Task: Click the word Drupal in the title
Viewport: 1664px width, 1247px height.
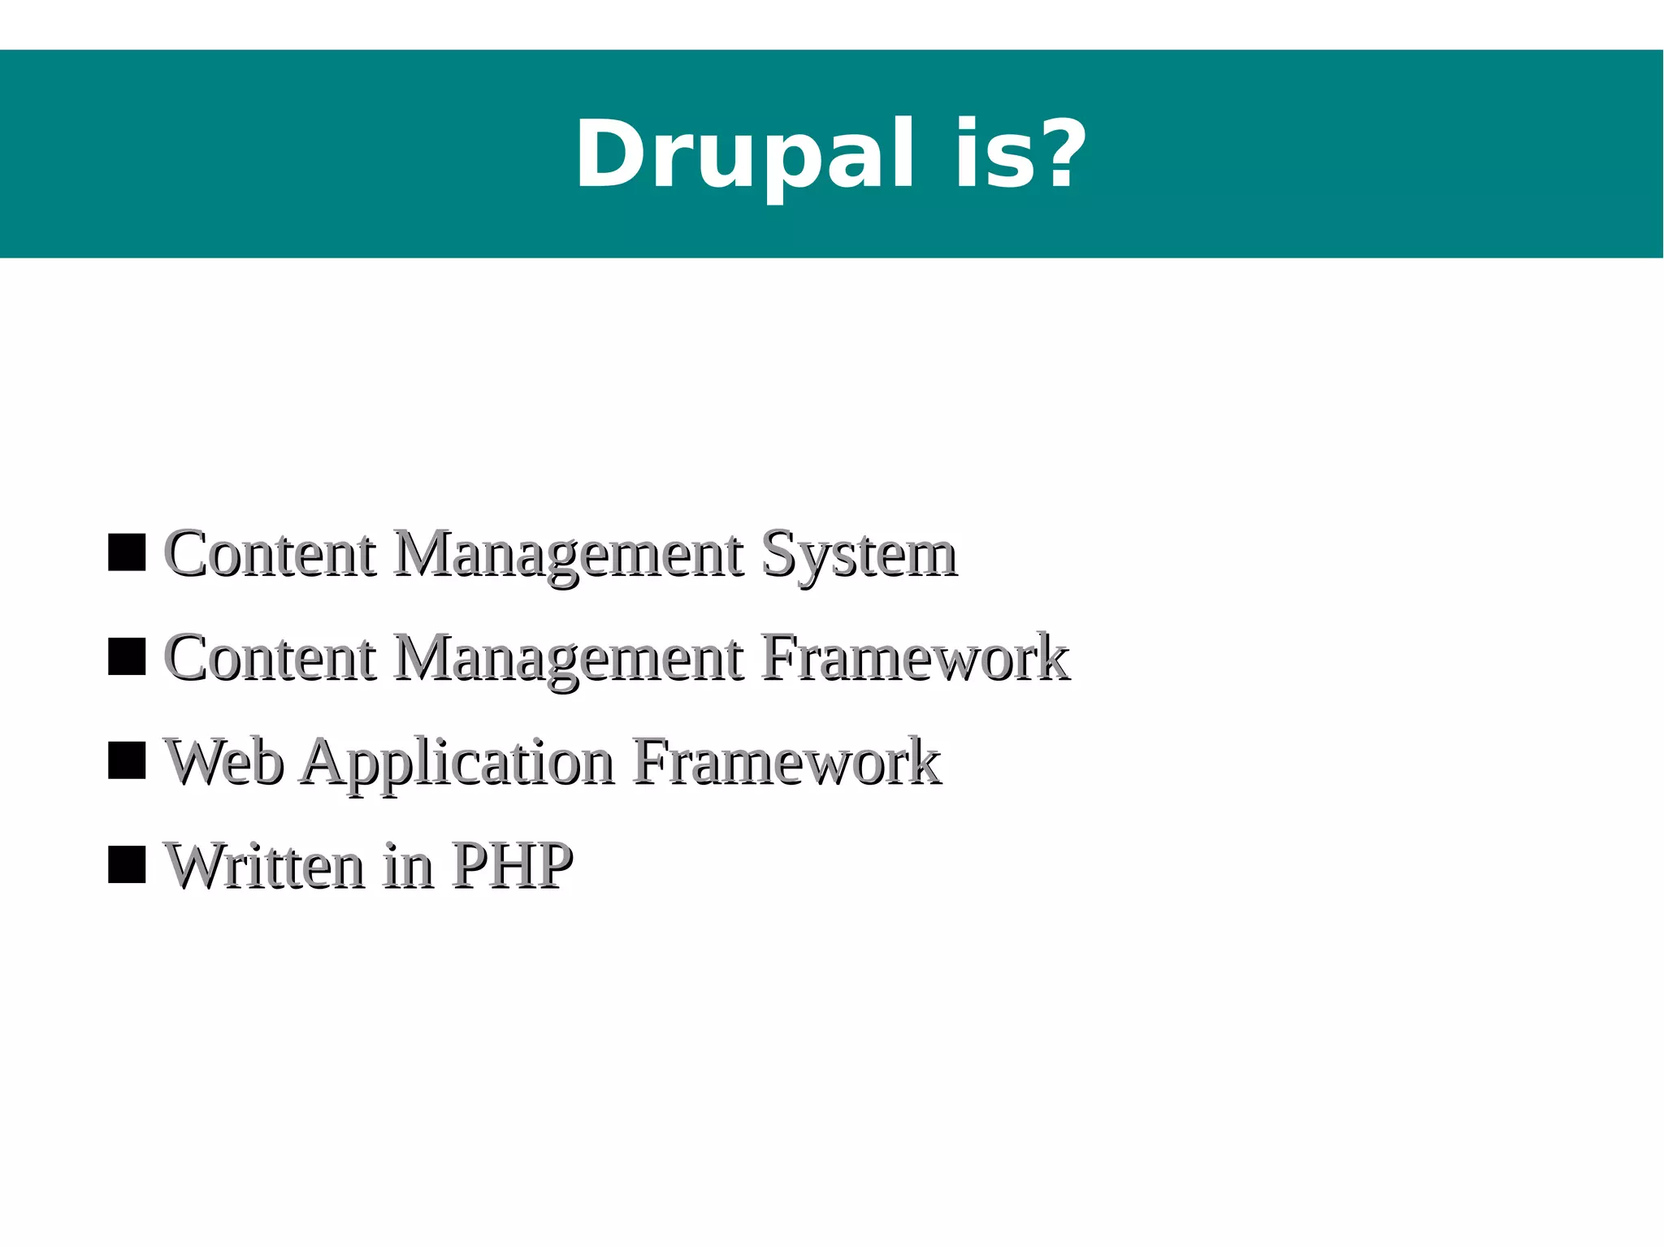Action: (x=746, y=154)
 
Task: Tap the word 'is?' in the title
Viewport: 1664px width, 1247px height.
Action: (x=1020, y=154)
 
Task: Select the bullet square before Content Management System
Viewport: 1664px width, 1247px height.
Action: (x=127, y=553)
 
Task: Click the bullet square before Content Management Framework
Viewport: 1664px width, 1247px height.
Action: (x=127, y=656)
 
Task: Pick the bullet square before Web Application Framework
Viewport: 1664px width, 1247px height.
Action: (x=127, y=760)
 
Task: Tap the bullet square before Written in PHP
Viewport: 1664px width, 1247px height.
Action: (x=127, y=864)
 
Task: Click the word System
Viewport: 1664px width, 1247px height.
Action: (x=859, y=556)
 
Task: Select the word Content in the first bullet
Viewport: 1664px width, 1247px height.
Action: (x=271, y=554)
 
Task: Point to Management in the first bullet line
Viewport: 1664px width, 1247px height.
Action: (x=568, y=556)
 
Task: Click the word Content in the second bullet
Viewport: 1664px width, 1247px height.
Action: (x=271, y=658)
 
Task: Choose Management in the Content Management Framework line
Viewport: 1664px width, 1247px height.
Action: (x=568, y=660)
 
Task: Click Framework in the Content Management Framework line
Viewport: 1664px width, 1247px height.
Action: (x=915, y=658)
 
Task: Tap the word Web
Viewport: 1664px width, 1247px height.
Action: (x=224, y=762)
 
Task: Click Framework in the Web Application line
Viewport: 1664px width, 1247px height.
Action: (x=786, y=762)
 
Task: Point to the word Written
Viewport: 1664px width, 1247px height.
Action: (x=264, y=866)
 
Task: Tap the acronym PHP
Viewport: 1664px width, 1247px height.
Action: (x=512, y=866)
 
